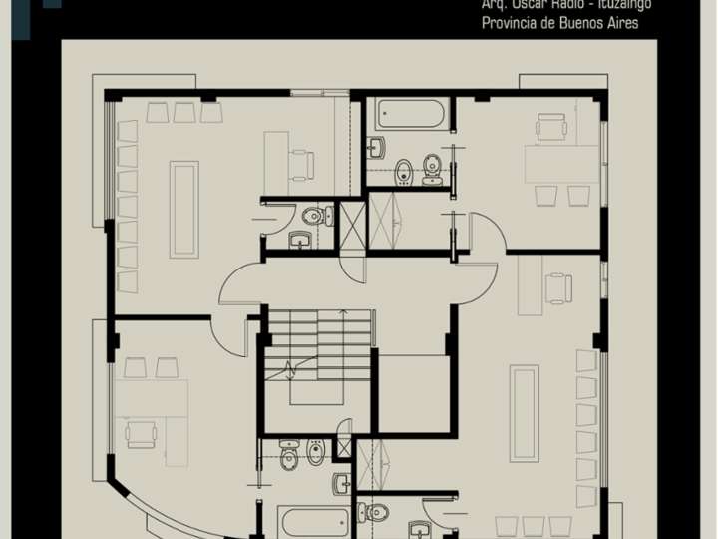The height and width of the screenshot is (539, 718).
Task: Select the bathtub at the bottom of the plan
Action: (313, 522)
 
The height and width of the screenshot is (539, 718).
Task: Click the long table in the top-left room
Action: (183, 209)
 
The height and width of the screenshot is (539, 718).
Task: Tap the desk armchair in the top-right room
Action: (550, 128)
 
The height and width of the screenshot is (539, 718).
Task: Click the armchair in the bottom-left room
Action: (141, 432)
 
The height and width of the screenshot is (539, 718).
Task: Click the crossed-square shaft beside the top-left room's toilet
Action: (352, 226)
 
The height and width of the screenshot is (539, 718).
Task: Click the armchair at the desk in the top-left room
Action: (301, 163)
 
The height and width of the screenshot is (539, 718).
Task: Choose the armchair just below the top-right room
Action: (558, 288)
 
